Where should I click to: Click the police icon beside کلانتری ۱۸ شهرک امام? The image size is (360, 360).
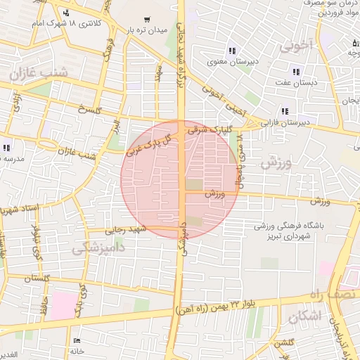pos(66,13)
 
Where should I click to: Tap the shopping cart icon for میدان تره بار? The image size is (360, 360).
pos(146,20)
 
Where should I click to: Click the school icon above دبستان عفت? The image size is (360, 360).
pos(296,72)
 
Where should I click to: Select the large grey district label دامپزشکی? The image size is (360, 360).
pos(98,247)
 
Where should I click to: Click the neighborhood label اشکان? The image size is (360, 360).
pos(304,317)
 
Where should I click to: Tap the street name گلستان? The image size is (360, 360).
pos(40,279)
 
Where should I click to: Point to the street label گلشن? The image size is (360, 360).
pos(284,343)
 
